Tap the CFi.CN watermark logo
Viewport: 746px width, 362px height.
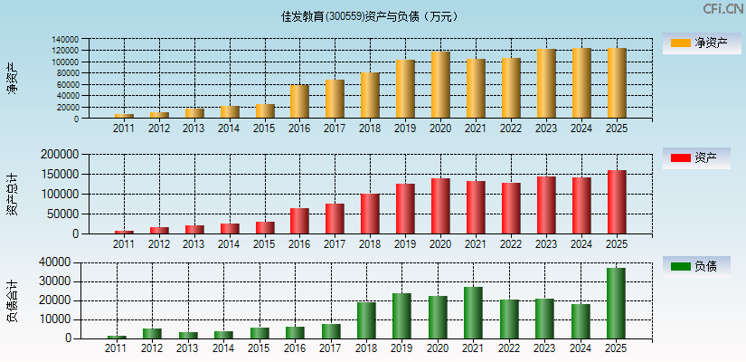point(722,9)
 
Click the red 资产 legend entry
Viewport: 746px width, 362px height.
point(696,158)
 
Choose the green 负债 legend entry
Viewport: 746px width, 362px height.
point(696,266)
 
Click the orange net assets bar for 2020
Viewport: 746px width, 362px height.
point(440,85)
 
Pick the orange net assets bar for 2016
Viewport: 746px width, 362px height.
point(299,101)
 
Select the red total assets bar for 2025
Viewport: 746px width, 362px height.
point(617,202)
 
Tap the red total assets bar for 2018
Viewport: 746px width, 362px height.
point(370,214)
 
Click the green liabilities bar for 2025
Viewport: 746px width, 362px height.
point(616,303)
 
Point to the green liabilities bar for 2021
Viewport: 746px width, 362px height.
point(473,312)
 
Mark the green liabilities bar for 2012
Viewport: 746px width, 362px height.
point(152,333)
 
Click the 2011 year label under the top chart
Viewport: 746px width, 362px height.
point(124,129)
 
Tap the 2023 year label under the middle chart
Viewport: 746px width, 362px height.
point(546,243)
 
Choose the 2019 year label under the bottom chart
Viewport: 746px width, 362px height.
point(401,348)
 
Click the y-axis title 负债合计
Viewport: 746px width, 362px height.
point(13,301)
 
